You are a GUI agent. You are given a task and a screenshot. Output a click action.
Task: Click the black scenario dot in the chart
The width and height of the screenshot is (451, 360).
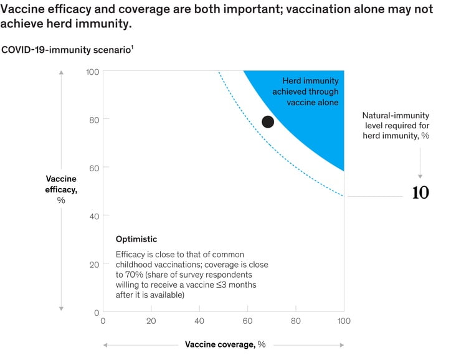tap(268, 121)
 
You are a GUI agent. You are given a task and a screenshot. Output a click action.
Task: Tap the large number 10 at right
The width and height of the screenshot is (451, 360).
tap(420, 193)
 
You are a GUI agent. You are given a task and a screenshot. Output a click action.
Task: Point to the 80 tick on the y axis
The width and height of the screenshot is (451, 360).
tap(92, 119)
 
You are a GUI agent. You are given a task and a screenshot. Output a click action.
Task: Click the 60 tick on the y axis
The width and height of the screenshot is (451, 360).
tap(92, 168)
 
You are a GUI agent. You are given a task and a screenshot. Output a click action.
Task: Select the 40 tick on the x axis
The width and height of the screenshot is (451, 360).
tap(199, 321)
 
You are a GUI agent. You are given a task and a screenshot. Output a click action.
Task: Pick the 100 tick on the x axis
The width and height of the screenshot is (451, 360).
tap(343, 321)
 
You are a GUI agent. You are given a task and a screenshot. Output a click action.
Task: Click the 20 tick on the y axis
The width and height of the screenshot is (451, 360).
tap(92, 264)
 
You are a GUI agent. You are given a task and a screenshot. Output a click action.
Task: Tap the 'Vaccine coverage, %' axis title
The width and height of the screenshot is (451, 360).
tap(225, 344)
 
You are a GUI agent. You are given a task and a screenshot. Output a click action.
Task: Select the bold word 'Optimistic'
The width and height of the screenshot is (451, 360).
tap(136, 239)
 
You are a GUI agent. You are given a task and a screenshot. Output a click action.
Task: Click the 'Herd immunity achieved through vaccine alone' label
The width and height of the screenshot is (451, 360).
tap(310, 92)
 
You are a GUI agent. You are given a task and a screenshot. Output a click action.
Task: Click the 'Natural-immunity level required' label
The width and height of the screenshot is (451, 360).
tap(396, 125)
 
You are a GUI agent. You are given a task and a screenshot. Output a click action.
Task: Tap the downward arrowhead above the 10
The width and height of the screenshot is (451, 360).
tap(420, 176)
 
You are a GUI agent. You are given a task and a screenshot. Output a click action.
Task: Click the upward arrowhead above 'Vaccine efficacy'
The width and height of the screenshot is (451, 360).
tap(61, 73)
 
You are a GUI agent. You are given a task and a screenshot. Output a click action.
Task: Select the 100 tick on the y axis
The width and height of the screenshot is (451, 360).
tap(91, 72)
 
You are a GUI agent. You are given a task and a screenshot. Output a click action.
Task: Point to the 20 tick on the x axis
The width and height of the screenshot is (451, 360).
tap(151, 321)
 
